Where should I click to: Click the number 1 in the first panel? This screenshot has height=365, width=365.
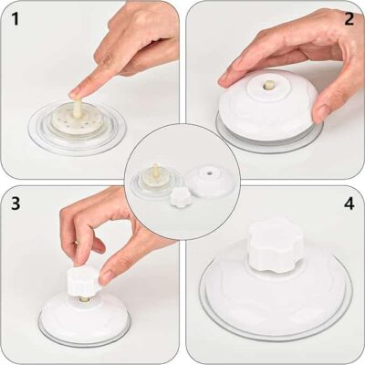point(14,16)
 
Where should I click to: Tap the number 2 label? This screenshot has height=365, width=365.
point(349,16)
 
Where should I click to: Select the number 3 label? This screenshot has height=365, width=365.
point(13,203)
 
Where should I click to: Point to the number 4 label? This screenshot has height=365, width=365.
point(349,203)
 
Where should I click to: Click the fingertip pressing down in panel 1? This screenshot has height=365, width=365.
point(78,90)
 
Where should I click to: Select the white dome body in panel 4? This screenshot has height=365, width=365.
point(274,292)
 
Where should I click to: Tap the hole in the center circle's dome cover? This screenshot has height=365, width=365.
point(206,170)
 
